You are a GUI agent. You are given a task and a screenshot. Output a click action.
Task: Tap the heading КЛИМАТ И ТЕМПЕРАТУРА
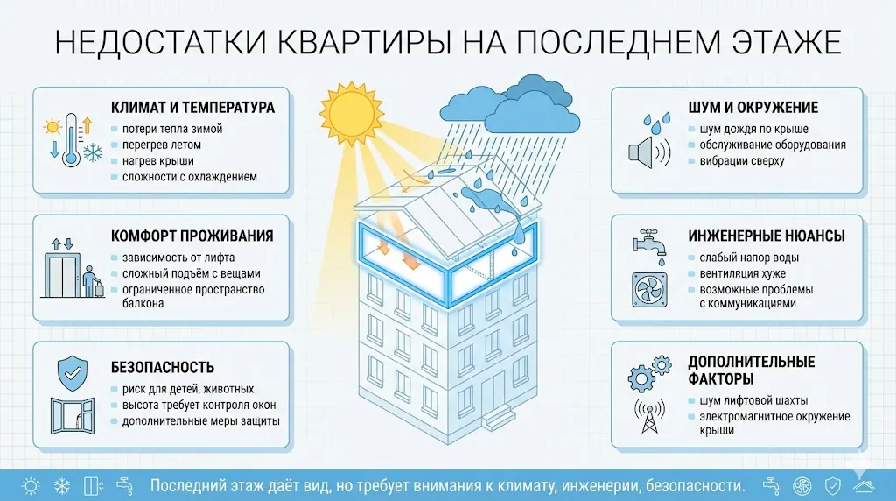pos(192,108)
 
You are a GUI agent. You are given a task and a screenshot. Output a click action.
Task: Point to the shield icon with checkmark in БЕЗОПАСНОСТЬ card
pos(72,371)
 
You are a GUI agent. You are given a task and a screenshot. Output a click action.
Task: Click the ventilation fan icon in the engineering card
pos(649,288)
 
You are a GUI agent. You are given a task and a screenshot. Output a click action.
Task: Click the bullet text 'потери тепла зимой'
pos(166,129)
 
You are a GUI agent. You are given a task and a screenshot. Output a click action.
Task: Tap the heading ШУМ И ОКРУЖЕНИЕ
pos(753,108)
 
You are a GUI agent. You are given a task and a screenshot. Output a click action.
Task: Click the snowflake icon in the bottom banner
pos(62,485)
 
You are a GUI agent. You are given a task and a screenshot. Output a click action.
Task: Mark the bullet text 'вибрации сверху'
pos(741,160)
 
